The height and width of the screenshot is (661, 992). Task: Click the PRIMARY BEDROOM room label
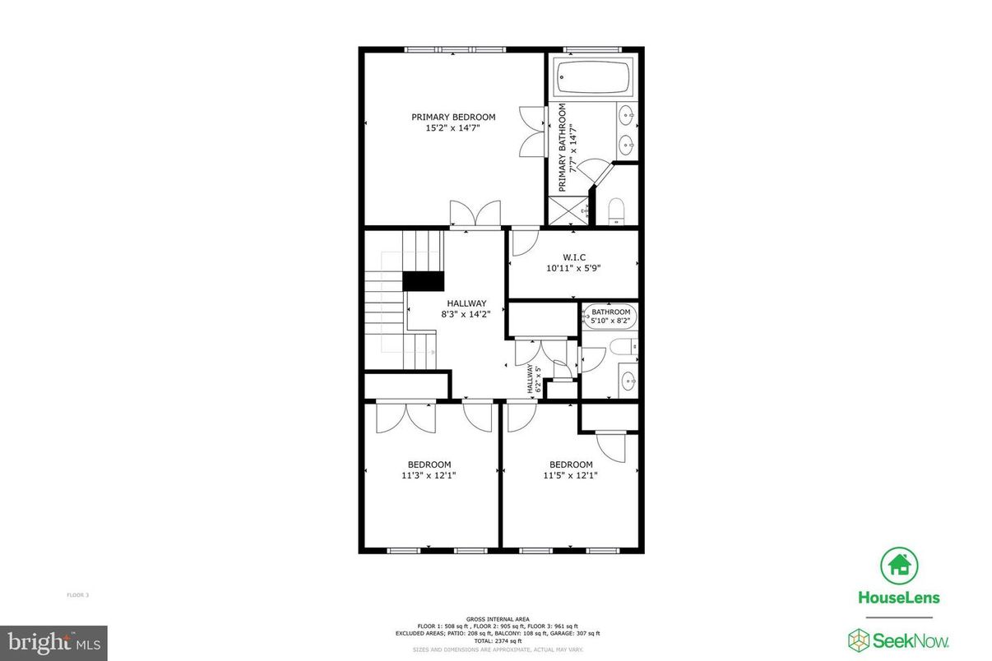453,118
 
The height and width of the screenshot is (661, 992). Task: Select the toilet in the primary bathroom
617,213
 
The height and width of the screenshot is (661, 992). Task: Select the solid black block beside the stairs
423,281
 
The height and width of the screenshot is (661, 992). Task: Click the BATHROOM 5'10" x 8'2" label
610,317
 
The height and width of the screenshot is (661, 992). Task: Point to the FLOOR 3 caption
77,594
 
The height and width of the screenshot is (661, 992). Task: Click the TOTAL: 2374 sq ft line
498,640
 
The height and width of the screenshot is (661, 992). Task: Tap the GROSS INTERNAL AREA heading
498,619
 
